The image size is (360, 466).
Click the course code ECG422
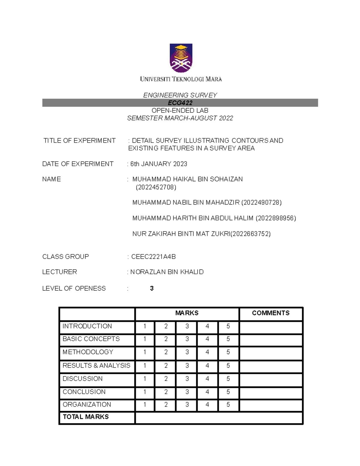180,103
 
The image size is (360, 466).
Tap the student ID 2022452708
156,187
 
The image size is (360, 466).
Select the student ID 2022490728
261,203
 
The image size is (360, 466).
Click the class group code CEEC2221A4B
153,257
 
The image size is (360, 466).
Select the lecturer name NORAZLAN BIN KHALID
167,272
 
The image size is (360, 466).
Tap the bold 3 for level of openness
152,288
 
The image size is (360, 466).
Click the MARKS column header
187,313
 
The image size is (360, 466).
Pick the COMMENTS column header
271,313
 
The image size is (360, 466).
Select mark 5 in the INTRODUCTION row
228,326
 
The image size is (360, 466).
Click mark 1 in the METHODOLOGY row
145,352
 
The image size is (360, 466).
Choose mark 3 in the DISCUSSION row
187,379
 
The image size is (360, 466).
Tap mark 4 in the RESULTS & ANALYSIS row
207,365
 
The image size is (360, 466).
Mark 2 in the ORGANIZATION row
166,404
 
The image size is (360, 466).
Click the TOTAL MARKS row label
86,417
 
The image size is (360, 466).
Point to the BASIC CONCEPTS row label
91,339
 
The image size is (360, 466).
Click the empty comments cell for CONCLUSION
271,392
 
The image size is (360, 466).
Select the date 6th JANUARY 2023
159,164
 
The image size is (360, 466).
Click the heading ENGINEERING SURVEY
180,95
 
